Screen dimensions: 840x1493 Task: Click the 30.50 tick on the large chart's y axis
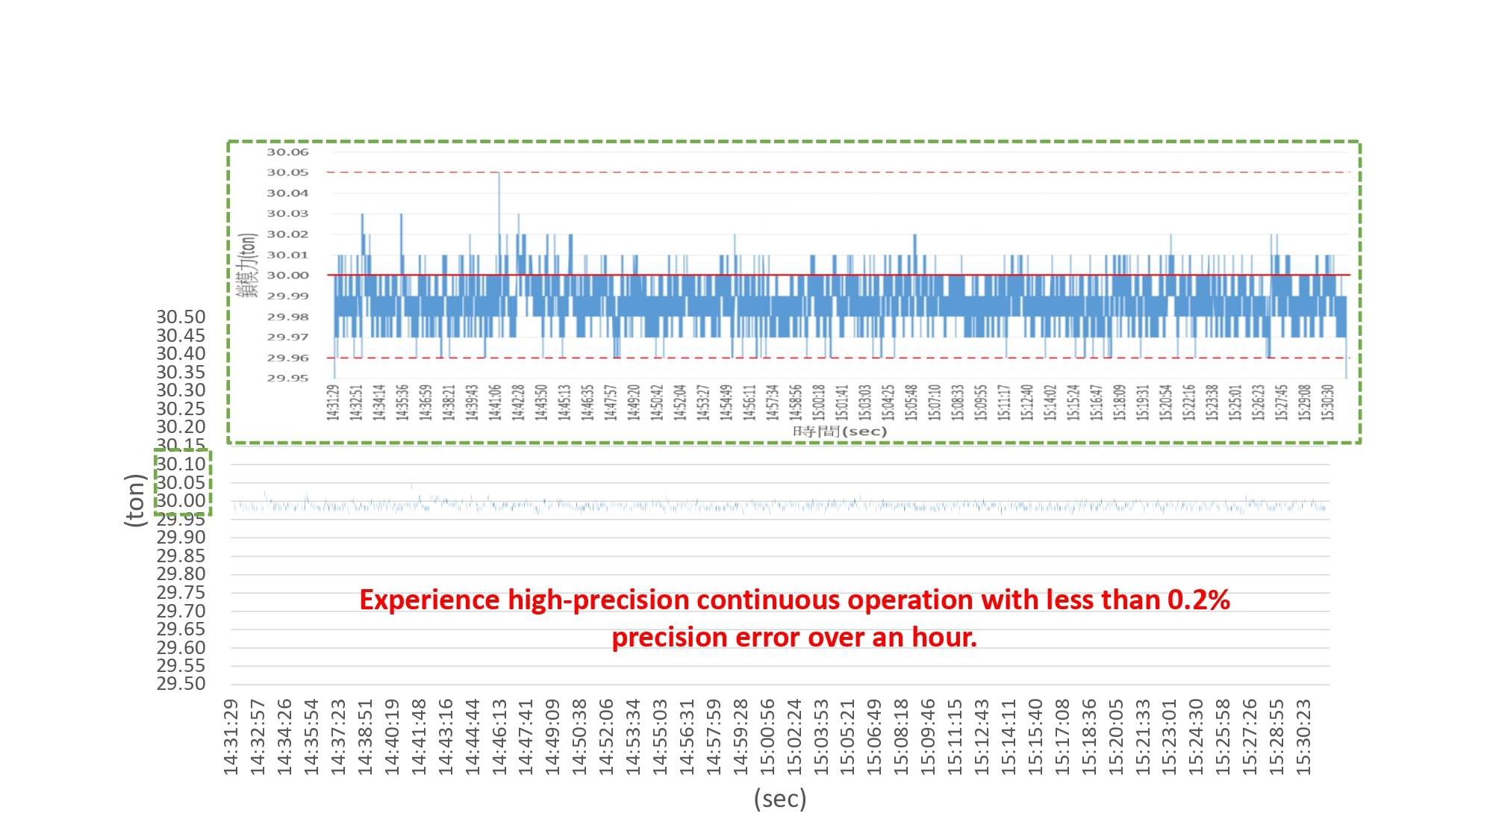(x=181, y=317)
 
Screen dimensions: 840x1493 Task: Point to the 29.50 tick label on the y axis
(x=181, y=684)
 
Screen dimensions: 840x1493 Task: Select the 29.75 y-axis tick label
(x=181, y=593)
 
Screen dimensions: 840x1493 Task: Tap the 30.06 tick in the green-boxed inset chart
(x=287, y=152)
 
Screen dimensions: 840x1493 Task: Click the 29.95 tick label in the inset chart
(x=287, y=378)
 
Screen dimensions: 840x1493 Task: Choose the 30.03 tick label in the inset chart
(x=287, y=214)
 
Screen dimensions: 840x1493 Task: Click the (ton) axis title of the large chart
(x=135, y=500)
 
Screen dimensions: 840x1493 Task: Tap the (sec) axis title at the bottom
(x=780, y=799)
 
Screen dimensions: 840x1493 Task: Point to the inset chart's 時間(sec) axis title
(x=839, y=432)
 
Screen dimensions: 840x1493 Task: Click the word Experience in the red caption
(x=429, y=600)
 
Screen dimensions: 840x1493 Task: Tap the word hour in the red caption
(x=941, y=638)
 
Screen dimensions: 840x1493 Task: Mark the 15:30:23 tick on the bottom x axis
(x=1303, y=737)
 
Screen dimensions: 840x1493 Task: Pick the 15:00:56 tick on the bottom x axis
(x=767, y=737)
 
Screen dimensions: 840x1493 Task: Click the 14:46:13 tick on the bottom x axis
(x=499, y=737)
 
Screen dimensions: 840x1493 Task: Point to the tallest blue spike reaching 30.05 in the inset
(x=499, y=176)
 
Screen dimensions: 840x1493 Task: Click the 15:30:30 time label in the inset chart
(x=1327, y=402)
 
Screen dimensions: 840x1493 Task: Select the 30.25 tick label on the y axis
(x=181, y=409)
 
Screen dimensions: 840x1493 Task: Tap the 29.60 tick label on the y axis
(x=181, y=647)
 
